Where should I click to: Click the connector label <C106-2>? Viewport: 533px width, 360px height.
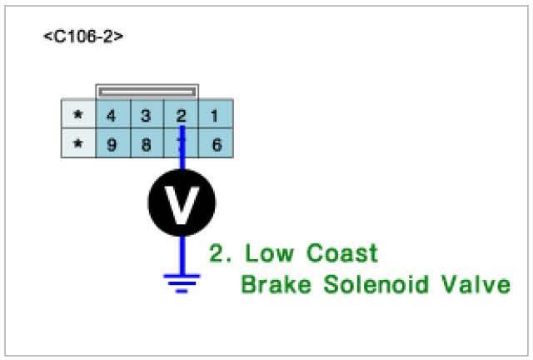83,37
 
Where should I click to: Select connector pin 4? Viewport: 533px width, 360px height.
112,115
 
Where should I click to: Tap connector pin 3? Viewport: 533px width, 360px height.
146,115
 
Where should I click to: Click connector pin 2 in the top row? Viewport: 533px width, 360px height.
181,115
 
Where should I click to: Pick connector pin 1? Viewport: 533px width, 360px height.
215,115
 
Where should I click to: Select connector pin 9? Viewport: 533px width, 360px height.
112,143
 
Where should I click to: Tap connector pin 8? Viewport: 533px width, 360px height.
146,143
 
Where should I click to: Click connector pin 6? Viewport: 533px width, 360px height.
215,143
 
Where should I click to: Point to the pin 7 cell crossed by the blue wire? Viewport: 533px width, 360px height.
181,143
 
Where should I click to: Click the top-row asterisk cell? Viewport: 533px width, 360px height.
78,115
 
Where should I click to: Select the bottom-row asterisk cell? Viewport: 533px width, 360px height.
78,143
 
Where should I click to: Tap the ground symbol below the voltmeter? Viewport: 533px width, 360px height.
182,282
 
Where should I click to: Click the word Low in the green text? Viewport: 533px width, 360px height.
267,253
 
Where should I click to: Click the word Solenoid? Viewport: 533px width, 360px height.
376,285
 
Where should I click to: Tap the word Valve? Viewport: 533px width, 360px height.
478,285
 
